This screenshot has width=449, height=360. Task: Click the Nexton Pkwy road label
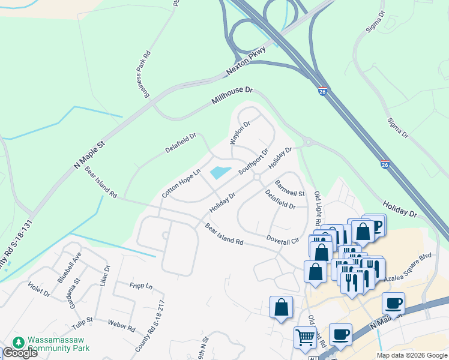(246, 61)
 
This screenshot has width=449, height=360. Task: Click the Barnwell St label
(290, 188)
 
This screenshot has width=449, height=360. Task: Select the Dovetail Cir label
(283, 239)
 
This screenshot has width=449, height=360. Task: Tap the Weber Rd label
(121, 326)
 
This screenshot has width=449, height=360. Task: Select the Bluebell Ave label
(69, 268)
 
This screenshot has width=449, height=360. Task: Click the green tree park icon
(19, 342)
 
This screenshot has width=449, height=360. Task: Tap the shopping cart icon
(306, 338)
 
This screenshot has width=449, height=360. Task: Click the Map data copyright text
(412, 355)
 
